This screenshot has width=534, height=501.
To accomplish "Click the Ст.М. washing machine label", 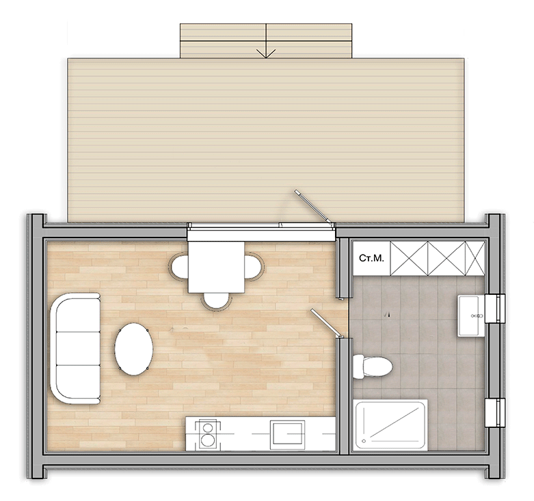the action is [371, 258].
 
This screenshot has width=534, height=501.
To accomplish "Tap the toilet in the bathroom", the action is [373, 367].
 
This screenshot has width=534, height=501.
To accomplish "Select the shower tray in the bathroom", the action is [391, 425].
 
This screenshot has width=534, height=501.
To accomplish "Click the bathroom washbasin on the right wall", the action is [470, 316].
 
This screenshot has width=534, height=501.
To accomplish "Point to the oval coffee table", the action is [133, 349].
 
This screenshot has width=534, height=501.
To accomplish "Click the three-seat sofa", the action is [75, 349].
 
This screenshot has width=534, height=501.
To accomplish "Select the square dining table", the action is [216, 267].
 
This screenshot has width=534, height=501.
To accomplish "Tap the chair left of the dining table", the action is [178, 267].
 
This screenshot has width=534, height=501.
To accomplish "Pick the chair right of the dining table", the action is [254, 267].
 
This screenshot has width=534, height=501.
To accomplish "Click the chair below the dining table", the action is [216, 301].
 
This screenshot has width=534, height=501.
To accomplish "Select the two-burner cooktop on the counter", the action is [207, 434].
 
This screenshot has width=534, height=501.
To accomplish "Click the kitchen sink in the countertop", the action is [287, 434].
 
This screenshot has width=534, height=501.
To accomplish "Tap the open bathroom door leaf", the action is [327, 324].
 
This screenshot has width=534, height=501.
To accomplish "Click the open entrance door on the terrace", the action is [313, 207].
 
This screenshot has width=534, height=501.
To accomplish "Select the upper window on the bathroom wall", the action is [494, 309].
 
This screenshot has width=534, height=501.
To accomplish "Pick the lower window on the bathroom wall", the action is [494, 412].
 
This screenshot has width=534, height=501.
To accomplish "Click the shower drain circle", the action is [364, 441].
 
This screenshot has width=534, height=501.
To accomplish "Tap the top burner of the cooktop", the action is [207, 427].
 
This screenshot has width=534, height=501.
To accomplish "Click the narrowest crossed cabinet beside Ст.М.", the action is [475, 258].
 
